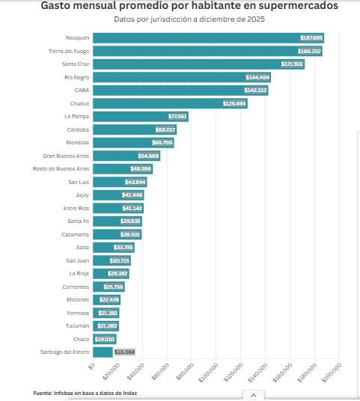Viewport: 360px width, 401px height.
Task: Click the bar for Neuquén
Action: point(208,37)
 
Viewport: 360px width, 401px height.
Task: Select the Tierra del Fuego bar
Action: point(207,51)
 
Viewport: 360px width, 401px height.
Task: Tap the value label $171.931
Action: point(290,64)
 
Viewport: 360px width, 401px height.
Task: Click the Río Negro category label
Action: point(76,77)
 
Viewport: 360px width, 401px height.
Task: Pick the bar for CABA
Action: point(180,91)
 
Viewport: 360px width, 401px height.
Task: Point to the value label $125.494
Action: point(234,103)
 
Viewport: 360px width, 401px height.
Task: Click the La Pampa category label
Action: point(77,117)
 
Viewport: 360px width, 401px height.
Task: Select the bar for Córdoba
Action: point(134,129)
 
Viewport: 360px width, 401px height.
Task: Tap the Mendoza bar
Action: point(132,143)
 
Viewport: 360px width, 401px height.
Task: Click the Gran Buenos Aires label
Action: point(66,156)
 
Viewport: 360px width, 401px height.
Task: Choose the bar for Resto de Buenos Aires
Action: point(122,169)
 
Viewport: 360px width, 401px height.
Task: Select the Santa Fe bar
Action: point(117,221)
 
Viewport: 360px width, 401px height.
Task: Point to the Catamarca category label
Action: point(76,234)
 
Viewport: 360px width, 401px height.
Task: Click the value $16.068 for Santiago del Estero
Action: point(124,352)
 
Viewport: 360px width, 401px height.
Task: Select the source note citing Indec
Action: point(85,393)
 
